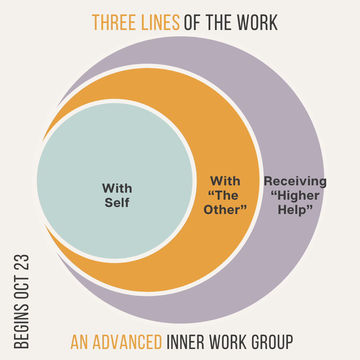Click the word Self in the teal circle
117,203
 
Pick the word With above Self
117,188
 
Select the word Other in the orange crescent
229,209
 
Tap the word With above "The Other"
225,181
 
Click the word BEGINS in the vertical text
22,331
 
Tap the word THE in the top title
218,23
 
